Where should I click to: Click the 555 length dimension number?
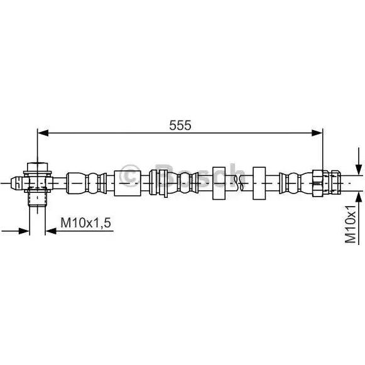point(180,126)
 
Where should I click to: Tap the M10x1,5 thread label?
point(85,223)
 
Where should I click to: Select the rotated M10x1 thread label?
point(351,224)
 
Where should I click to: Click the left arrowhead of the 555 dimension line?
point(43,133)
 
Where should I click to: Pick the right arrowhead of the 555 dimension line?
point(317,133)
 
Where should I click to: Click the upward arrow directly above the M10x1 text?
point(359,198)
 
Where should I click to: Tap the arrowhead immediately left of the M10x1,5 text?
point(51,231)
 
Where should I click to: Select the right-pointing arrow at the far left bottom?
point(15,231)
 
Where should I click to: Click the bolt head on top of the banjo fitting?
point(38,166)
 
